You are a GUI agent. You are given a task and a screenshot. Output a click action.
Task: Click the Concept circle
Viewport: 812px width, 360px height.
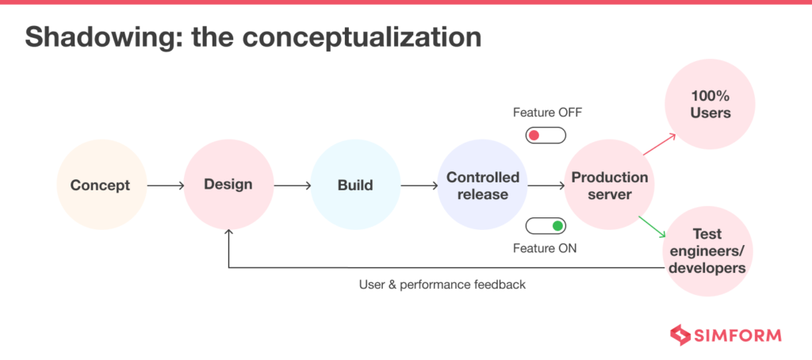pyautogui.click(x=101, y=186)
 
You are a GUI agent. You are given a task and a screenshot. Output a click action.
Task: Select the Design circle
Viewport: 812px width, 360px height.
pyautogui.click(x=228, y=185)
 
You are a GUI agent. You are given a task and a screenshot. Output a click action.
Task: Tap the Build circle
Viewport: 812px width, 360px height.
pyautogui.click(x=354, y=186)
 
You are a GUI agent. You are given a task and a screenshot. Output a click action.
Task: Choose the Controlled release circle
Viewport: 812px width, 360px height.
pyautogui.click(x=482, y=186)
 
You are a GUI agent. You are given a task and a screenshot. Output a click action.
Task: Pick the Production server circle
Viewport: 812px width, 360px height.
pyautogui.click(x=609, y=186)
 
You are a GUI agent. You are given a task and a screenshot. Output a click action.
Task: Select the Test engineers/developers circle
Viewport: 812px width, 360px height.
pyautogui.click(x=707, y=251)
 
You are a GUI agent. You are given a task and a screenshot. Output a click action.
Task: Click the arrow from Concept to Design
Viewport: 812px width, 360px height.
pyautogui.click(x=165, y=186)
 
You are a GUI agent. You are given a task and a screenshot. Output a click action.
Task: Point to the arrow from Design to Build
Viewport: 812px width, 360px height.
pyautogui.click(x=292, y=186)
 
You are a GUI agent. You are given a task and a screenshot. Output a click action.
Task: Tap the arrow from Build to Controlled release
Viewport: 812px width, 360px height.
pyautogui.click(x=419, y=186)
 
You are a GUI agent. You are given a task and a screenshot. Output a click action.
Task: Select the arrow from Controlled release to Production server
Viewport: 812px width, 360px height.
pyautogui.click(x=546, y=186)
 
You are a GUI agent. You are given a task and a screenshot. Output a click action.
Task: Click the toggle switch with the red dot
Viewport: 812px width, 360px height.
pyautogui.click(x=546, y=136)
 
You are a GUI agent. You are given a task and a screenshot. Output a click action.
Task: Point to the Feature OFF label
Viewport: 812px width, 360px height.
pyautogui.click(x=547, y=113)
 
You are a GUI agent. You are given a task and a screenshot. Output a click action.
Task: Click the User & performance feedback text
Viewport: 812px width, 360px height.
pyautogui.click(x=442, y=284)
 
